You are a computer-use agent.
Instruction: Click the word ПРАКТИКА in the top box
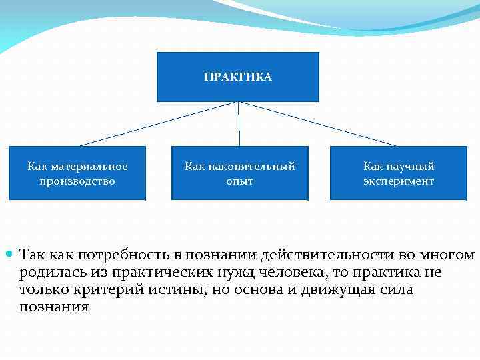[x=238, y=77]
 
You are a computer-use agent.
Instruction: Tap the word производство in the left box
[x=77, y=181]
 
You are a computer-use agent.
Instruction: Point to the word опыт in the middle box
[x=240, y=181]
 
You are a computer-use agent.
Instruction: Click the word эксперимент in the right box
[x=399, y=181]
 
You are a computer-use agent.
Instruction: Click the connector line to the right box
[x=318, y=124]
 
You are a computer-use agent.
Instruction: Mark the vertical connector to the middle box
[x=239, y=124]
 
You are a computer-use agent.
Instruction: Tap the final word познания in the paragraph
[x=54, y=307]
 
